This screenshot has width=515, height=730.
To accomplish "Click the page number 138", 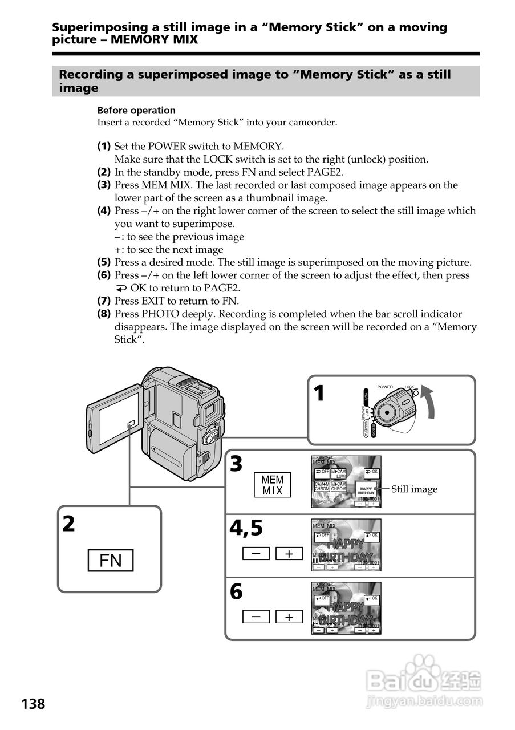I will click(34, 704).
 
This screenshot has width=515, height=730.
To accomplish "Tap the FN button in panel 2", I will click(111, 561).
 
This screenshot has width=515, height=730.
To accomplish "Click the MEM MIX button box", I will click(272, 485).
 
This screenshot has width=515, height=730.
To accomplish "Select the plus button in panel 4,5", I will click(290, 553).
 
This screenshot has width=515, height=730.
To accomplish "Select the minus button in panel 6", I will click(259, 617).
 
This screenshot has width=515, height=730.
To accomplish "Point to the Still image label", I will click(414, 489).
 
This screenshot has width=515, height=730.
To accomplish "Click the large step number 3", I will click(236, 465).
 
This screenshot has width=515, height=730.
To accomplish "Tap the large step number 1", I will click(319, 394).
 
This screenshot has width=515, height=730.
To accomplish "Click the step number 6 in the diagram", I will click(236, 593).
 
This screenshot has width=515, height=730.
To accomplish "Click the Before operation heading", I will click(136, 111).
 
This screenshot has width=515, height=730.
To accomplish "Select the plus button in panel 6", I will click(290, 617).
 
